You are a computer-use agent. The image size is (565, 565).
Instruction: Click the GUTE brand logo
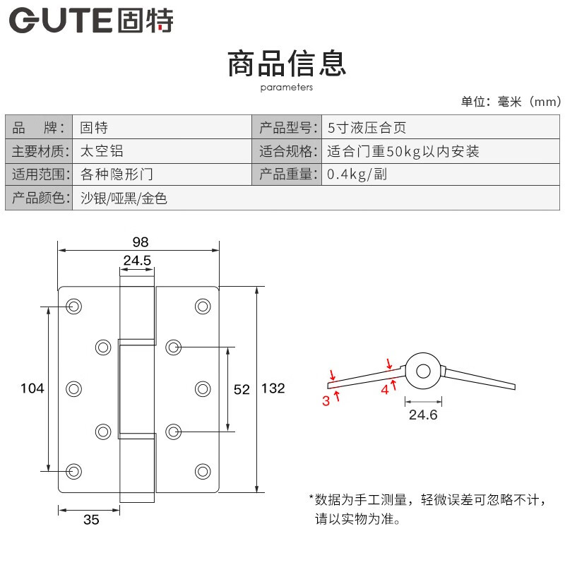(91, 20)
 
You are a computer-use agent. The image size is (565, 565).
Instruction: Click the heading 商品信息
(287, 64)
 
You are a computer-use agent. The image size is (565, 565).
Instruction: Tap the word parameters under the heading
(287, 88)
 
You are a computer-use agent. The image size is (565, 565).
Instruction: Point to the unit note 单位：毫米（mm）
(511, 102)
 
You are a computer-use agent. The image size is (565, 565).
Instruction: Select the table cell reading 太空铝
(102, 151)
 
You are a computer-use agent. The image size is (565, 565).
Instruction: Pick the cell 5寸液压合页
(367, 128)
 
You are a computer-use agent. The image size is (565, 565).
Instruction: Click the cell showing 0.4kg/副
(357, 174)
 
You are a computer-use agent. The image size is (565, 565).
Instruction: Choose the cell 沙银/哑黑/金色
(124, 198)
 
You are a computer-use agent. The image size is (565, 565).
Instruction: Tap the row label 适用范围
(39, 174)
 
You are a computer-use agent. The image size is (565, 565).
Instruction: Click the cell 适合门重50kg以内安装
(403, 151)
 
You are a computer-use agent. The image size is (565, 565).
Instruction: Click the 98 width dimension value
(141, 242)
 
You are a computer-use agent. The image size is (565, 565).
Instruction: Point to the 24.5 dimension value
(137, 260)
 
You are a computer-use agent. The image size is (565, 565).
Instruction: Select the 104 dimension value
(32, 388)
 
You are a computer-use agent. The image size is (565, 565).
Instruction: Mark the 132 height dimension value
(273, 388)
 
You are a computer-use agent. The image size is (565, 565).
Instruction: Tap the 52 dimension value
(242, 389)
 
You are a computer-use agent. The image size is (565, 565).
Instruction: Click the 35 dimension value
(91, 520)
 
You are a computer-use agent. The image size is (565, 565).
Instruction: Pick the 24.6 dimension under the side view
(423, 415)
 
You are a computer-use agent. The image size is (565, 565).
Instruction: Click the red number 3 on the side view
(326, 400)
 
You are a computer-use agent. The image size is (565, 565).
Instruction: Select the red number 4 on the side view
(385, 390)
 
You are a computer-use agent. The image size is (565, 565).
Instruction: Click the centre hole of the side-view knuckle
(423, 371)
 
